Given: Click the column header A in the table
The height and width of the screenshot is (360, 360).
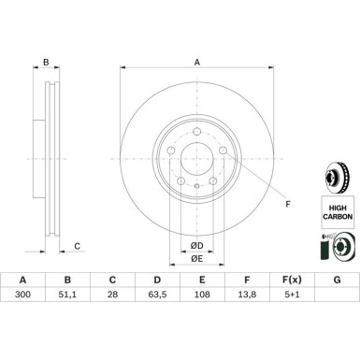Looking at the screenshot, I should point(22,306).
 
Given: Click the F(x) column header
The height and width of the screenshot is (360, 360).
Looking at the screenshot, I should point(292,306).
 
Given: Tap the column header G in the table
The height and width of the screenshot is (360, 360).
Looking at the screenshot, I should point(337,306).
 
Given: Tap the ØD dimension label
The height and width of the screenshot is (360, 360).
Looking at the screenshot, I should point(196,245).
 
